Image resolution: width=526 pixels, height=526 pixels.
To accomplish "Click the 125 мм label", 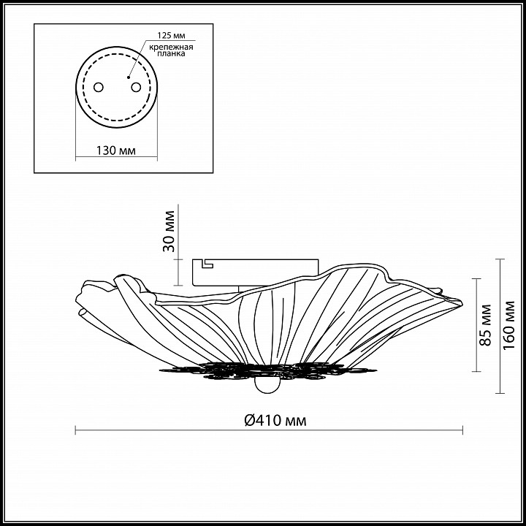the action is click(172, 36).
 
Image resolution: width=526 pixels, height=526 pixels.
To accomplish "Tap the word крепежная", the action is click(171, 47).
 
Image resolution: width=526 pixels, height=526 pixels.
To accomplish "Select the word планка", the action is click(171, 53).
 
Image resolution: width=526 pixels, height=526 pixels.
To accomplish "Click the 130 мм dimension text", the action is click(116, 150).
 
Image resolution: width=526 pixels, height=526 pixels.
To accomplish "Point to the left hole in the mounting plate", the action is click(99, 87).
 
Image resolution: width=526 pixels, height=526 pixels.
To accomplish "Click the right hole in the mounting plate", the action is click(136, 87).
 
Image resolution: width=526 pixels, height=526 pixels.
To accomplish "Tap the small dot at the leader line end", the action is click(128, 77).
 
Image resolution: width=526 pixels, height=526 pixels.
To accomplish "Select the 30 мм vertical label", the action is click(169, 231).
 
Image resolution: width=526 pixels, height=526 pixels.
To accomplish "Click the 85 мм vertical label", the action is click(485, 325).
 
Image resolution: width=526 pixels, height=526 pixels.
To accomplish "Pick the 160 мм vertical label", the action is click(509, 325).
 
